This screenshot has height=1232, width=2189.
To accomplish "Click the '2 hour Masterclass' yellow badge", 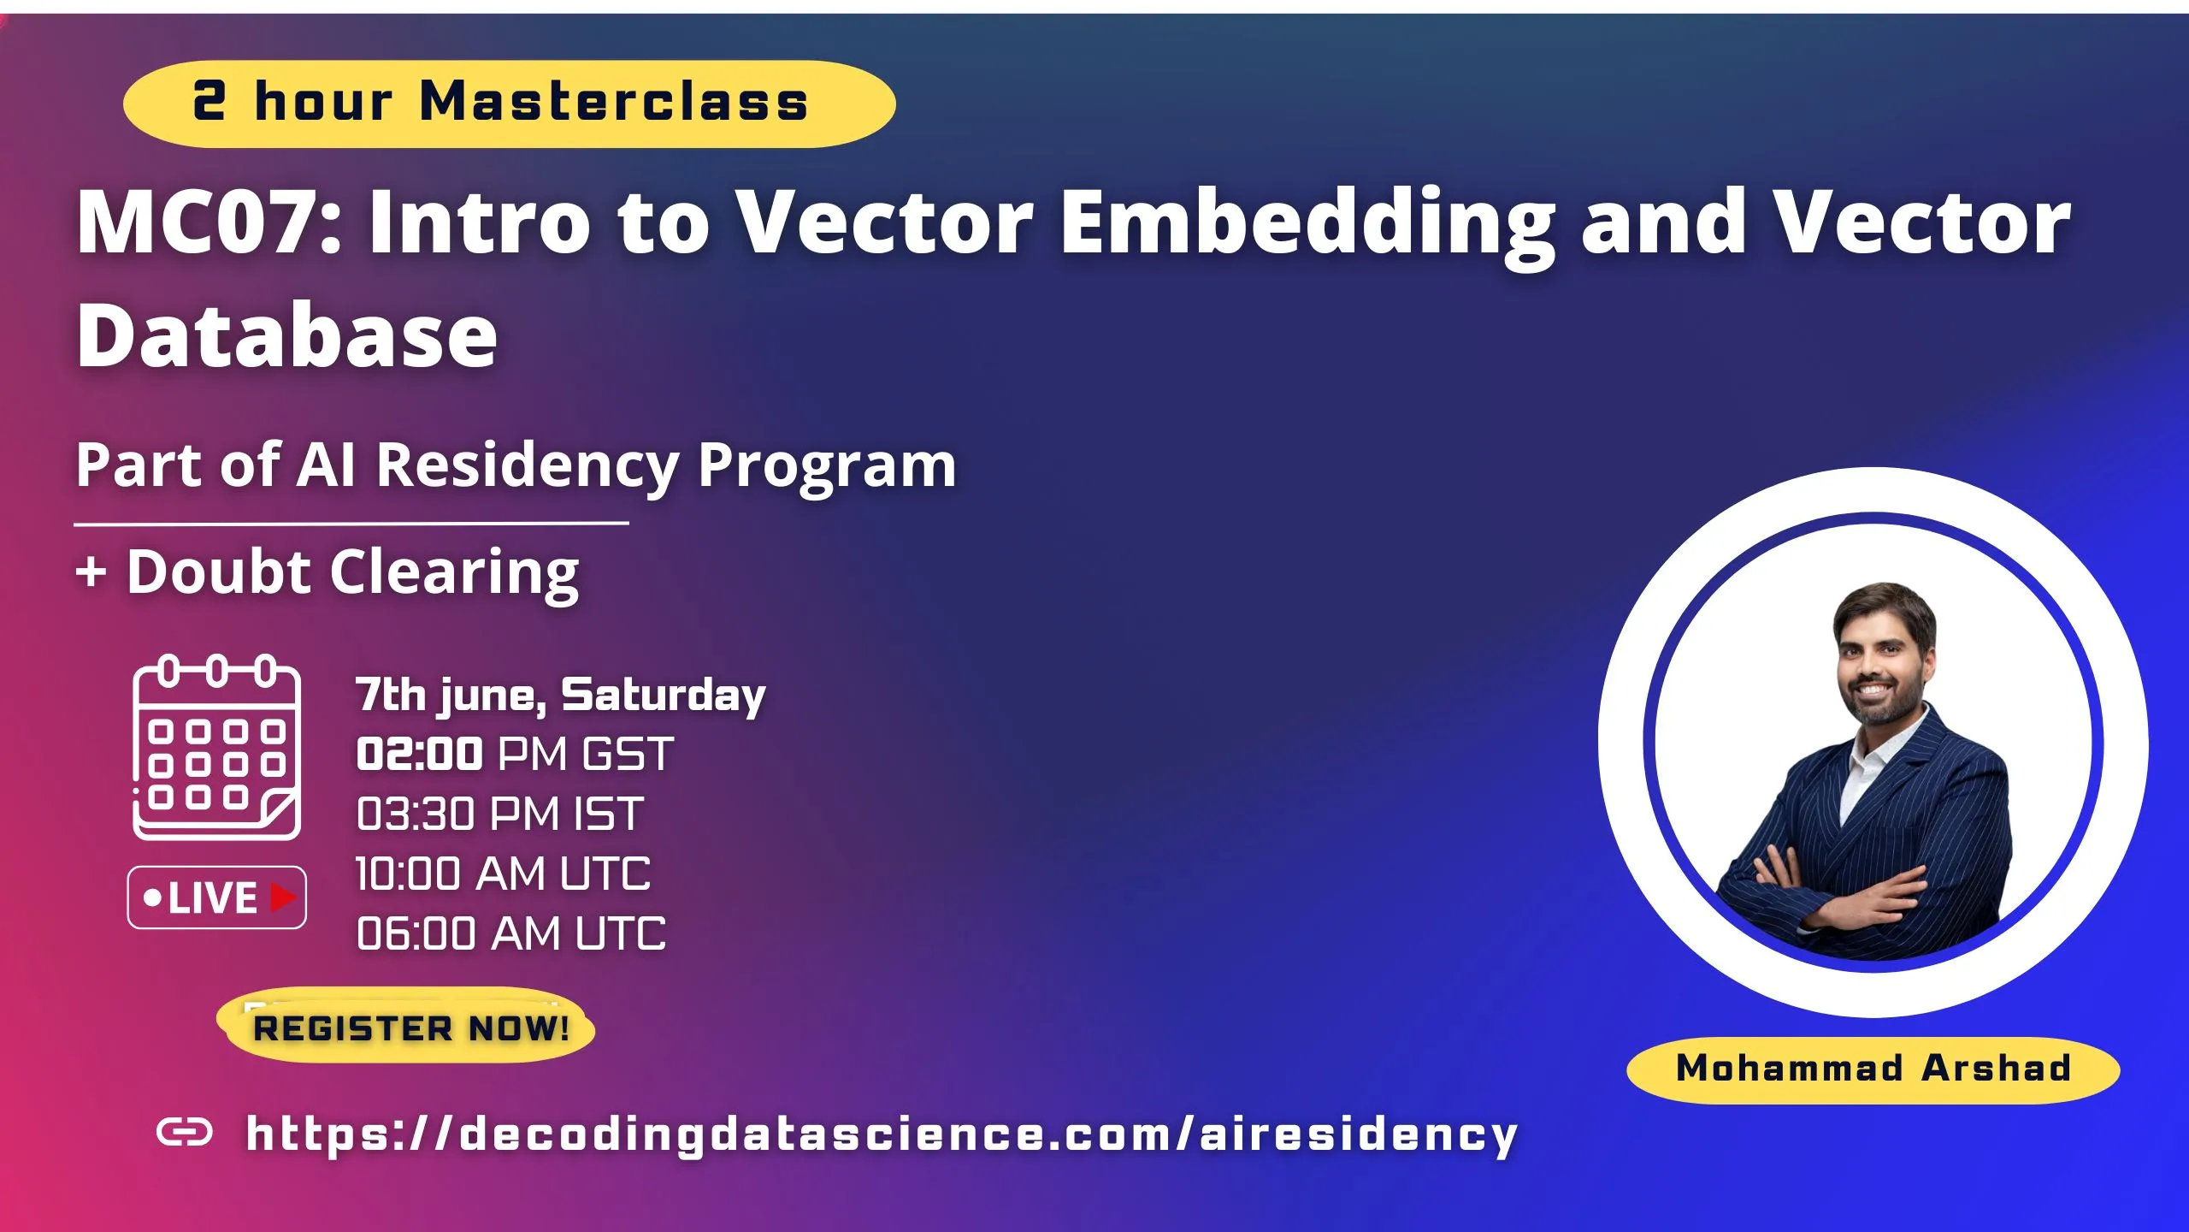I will point(509,104).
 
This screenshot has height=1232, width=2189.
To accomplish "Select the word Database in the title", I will point(286,336).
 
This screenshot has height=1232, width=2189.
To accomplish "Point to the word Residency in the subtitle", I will point(528,466).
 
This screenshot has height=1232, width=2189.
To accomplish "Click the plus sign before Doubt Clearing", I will point(91,572).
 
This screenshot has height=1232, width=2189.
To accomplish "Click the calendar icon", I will point(216,748).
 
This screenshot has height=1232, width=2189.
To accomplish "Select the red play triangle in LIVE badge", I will point(283,897).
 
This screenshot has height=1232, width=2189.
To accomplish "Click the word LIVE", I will point(212,898).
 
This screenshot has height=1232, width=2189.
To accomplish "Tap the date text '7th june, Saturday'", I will point(560,695).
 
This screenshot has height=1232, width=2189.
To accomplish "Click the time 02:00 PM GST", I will point(515,755).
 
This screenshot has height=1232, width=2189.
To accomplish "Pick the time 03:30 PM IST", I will point(499,814).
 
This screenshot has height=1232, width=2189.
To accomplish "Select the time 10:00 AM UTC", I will point(503,874).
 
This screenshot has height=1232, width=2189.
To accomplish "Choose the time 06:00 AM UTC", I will point(510,933).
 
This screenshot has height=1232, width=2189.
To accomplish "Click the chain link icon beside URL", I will point(185,1133).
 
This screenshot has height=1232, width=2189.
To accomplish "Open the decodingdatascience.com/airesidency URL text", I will point(881,1134).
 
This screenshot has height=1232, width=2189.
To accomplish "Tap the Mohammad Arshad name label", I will point(1873,1069).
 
